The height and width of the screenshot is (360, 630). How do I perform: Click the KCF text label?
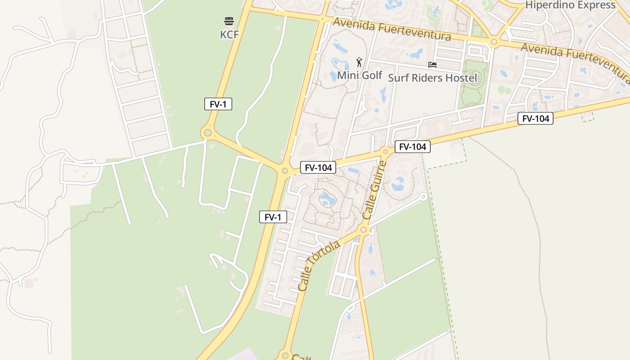[229, 35]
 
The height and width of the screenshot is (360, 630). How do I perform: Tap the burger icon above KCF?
[229, 21]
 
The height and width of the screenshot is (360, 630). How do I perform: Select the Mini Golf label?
[360, 75]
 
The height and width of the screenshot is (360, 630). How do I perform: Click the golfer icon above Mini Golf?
[359, 62]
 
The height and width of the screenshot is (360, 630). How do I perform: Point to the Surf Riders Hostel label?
[432, 78]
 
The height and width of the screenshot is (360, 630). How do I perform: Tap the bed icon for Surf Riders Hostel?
[432, 65]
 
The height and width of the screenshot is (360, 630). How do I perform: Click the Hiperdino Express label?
[570, 5]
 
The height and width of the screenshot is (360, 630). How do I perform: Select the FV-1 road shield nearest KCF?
[218, 104]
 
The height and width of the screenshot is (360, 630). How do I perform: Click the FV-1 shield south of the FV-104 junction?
[273, 217]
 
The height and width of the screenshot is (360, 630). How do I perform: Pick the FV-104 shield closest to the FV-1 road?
[319, 168]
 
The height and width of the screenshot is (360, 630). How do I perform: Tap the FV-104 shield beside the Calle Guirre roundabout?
[413, 146]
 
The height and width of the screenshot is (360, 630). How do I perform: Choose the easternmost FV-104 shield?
[535, 118]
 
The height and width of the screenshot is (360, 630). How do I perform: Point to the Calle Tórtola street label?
[319, 265]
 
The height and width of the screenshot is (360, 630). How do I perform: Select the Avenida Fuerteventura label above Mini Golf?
[391, 29]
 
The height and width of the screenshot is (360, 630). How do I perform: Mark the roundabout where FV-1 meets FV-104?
[284, 171]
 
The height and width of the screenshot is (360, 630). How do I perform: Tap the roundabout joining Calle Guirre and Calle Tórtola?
[364, 230]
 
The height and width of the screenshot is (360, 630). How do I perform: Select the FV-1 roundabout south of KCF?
[207, 133]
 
